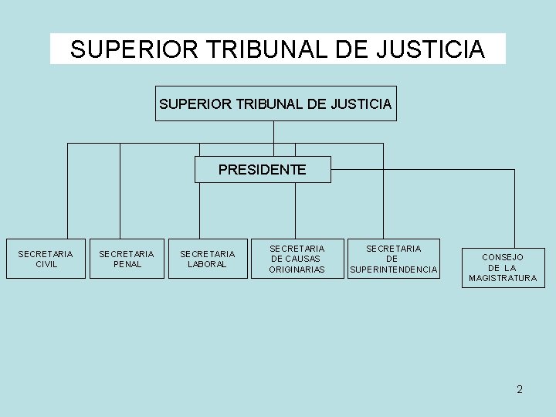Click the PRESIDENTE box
[263, 169]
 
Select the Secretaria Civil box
[46, 258]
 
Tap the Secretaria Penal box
[127, 258]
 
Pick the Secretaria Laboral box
[208, 258]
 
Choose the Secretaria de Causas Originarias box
[297, 258]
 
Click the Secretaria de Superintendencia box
[393, 258]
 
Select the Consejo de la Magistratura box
[503, 267]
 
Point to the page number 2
[520, 389]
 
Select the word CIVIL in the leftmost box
[46, 264]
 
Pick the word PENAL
[127, 264]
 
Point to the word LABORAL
[208, 264]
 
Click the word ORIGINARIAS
[297, 270]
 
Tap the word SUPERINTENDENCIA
[394, 270]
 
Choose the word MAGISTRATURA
[503, 278]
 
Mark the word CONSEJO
[503, 256]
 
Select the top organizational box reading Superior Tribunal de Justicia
[276, 103]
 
